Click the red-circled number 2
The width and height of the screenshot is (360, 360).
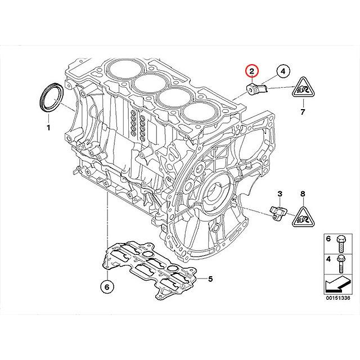252,71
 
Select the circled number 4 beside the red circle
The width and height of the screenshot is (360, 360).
283,71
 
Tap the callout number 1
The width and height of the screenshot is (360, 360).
48,128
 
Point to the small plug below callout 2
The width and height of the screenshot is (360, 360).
254,89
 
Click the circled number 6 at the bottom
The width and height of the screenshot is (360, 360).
105,285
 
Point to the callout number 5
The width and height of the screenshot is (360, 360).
210,278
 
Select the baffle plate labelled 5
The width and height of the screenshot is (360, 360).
149,264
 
